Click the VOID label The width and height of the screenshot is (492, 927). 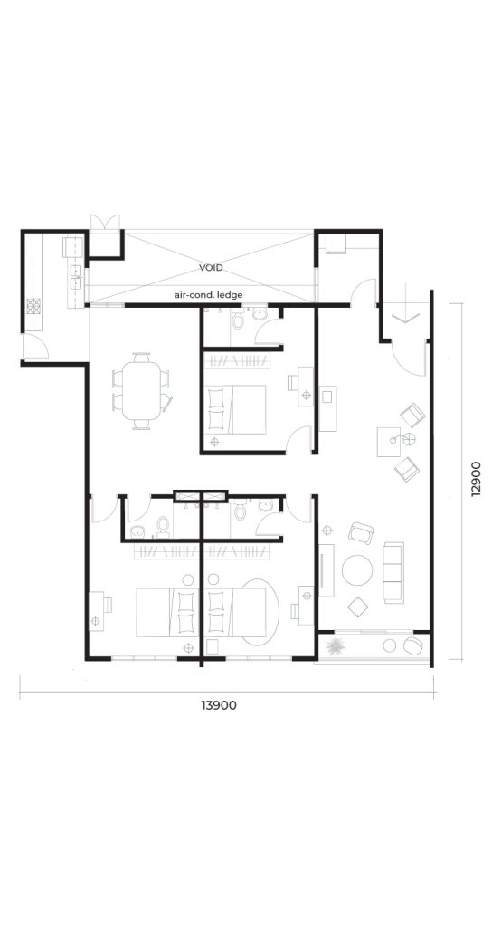coord(211,268)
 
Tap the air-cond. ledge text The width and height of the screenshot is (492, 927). coord(209,294)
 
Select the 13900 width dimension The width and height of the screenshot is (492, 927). coord(219,704)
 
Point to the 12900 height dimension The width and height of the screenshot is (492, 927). coord(476,480)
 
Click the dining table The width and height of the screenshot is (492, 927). coord(141,391)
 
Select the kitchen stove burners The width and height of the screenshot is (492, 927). coord(33,306)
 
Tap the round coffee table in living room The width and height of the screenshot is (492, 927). coord(356,570)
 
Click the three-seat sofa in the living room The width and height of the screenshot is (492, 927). coord(393,572)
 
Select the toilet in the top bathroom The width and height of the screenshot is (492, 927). coord(238,320)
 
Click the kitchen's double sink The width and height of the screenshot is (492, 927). coord(76,277)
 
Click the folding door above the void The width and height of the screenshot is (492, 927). coord(105,223)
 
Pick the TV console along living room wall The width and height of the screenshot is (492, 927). coord(326,570)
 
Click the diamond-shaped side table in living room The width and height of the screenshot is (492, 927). coord(357,607)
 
